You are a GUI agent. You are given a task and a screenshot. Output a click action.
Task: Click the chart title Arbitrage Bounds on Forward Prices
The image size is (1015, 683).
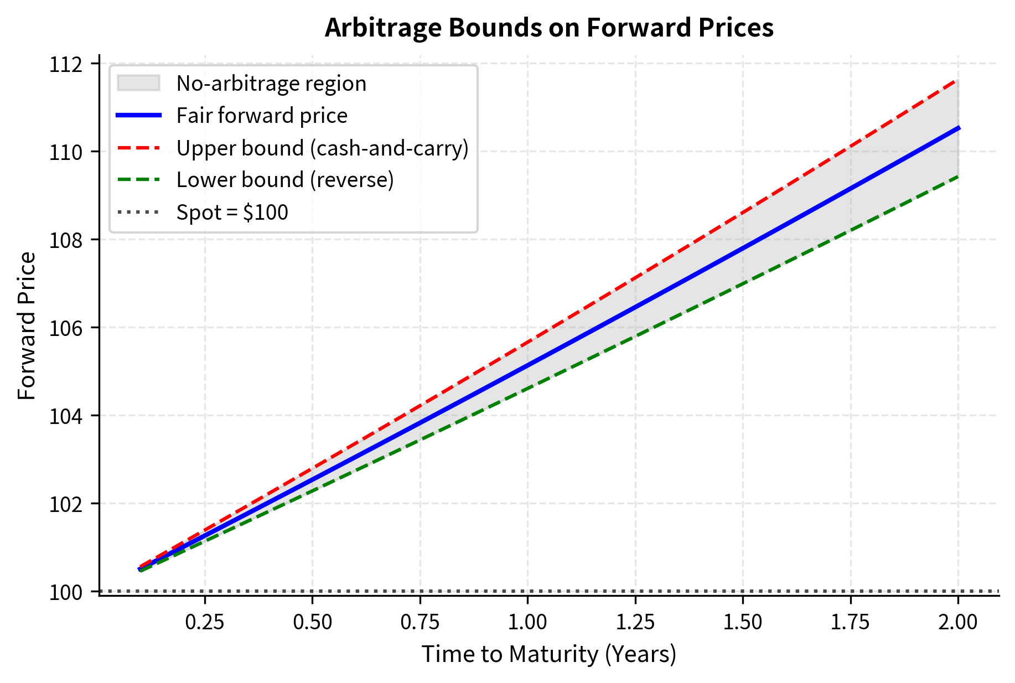(548, 28)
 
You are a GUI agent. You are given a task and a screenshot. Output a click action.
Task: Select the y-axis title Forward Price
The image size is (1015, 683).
(27, 326)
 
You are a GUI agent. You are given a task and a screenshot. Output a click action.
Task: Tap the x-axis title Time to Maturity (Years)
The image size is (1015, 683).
(548, 654)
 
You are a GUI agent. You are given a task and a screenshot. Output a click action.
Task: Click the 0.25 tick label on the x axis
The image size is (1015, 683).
(205, 622)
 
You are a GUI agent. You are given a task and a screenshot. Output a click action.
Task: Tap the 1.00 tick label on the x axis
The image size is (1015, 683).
(527, 622)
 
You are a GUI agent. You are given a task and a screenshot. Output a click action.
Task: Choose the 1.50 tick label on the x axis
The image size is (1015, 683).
(743, 622)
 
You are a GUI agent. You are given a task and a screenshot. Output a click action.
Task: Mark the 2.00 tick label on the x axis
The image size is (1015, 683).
(958, 622)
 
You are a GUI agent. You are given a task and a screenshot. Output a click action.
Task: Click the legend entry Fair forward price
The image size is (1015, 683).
(262, 116)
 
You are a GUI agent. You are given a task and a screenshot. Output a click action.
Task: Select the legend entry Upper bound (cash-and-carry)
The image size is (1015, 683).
(322, 148)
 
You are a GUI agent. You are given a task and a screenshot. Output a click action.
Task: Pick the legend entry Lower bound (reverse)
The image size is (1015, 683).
(285, 180)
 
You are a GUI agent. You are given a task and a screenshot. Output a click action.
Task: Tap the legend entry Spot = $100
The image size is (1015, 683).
(232, 212)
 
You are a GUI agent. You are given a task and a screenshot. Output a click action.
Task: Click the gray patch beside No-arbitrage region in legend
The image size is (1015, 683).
(138, 83)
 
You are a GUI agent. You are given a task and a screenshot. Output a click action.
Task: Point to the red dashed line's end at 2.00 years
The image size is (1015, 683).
(958, 81)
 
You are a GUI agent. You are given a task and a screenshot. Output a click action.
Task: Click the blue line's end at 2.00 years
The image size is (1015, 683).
(958, 128)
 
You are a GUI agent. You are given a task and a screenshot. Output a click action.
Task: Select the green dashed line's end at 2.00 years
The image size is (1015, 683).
(958, 176)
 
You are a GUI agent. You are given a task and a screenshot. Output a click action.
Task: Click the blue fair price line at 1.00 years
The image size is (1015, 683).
(527, 365)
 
